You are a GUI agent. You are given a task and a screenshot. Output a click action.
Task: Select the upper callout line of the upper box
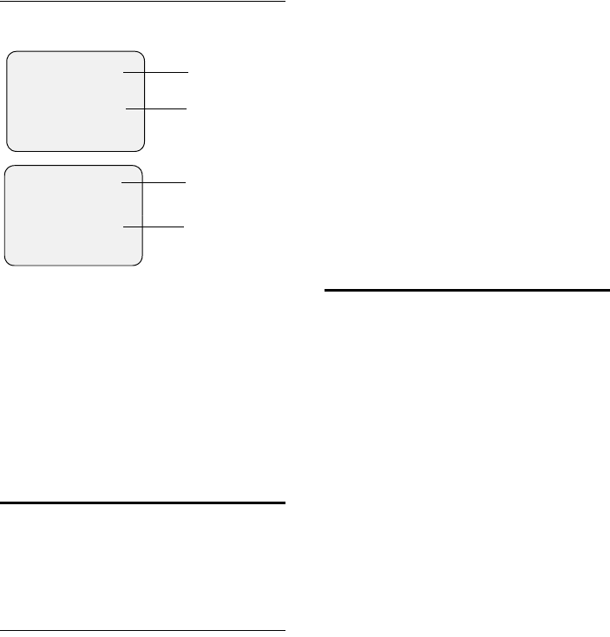click(156, 72)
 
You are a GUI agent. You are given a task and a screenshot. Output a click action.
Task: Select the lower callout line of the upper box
click(157, 108)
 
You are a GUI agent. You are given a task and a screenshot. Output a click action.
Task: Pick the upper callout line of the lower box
click(154, 183)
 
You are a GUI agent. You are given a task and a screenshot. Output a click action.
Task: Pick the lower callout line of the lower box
click(154, 227)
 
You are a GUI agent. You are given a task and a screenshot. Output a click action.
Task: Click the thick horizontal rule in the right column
click(468, 290)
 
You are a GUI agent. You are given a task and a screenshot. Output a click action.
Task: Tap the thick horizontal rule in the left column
click(142, 502)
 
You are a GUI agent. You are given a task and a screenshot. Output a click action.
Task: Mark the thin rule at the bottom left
click(142, 630)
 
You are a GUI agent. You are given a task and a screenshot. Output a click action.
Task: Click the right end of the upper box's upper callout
click(186, 72)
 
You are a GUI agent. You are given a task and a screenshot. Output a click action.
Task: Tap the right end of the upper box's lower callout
click(186, 108)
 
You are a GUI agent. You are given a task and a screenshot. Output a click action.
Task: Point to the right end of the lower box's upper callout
click(185, 183)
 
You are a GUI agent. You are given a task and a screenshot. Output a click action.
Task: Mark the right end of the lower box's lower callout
click(185, 227)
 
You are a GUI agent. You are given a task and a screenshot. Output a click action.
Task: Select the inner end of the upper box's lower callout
click(128, 108)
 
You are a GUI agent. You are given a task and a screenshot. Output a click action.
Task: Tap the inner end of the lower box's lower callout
click(123, 227)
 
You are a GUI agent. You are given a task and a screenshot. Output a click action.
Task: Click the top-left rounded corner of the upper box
click(11, 55)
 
